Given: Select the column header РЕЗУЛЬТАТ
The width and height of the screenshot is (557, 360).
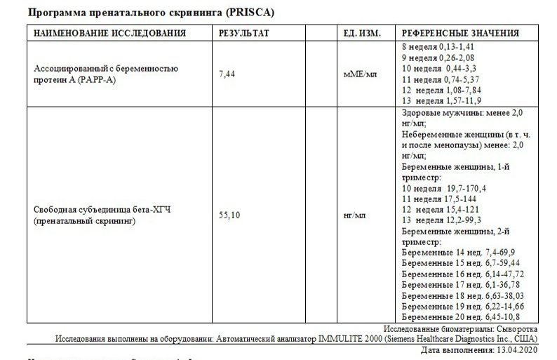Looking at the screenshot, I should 244,33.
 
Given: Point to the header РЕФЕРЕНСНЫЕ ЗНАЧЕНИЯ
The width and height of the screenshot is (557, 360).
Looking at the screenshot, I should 459,33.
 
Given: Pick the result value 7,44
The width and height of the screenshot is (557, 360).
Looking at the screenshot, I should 227,74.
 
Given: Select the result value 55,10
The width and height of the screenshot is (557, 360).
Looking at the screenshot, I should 229,215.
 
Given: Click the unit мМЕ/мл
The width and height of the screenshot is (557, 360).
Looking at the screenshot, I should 361,74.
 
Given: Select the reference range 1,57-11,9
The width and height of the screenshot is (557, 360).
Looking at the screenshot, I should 466,101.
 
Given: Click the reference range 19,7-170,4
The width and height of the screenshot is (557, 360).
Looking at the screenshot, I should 465,189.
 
